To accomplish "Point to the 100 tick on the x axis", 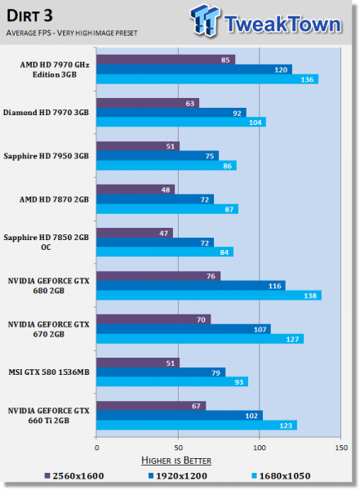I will click(260, 448).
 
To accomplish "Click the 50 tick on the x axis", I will click(178, 448).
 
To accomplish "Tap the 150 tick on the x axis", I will click(340, 448).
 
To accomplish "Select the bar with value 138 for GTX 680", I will click(208, 296).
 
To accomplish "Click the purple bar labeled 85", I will click(166, 59).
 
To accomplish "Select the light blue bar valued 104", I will click(180, 122).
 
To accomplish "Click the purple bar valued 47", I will click(135, 232).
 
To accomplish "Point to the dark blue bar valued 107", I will click(183, 328).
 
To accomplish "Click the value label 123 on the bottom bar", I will click(288, 425).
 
